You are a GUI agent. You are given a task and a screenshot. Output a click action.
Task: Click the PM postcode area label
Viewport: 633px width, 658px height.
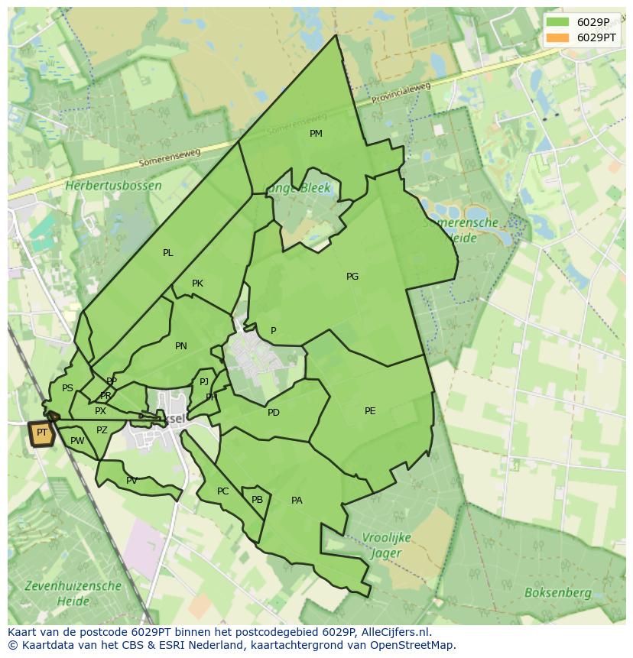(316, 134)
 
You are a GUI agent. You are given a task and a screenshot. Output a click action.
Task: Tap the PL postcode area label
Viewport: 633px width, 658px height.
(168, 253)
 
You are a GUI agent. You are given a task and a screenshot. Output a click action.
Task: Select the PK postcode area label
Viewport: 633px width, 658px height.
(197, 284)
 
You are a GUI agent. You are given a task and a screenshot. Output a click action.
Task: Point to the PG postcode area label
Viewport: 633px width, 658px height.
(352, 277)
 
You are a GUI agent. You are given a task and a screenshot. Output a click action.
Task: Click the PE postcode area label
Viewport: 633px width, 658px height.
(370, 411)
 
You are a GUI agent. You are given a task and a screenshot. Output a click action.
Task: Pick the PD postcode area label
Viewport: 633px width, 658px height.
(274, 413)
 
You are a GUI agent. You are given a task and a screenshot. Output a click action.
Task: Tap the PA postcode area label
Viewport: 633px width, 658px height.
(297, 501)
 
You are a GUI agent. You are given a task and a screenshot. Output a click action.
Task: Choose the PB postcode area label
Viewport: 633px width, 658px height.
(257, 500)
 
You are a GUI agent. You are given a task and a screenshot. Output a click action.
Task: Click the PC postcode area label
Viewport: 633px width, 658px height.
(222, 491)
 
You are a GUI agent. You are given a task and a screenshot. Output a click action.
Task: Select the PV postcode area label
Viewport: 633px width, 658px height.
(131, 481)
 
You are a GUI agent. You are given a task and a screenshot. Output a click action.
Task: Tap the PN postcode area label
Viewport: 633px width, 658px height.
(181, 346)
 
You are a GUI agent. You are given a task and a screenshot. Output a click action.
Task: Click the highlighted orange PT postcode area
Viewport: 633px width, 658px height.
(41, 433)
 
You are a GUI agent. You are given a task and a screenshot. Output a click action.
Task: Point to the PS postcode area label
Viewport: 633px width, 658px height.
(67, 388)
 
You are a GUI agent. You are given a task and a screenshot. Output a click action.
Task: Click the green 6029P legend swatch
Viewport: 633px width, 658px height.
(558, 22)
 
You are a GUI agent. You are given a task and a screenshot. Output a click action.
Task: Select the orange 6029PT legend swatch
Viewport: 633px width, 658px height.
(558, 37)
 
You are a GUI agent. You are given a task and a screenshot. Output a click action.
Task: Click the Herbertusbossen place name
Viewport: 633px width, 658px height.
(113, 186)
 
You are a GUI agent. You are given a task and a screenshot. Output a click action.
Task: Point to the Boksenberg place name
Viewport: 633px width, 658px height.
(557, 592)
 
